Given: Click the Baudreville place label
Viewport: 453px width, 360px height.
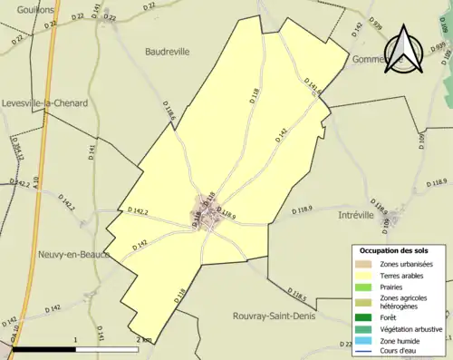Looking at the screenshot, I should point(168,52).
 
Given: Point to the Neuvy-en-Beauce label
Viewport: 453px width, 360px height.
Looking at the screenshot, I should point(44,254).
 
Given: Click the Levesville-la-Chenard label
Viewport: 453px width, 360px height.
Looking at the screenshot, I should point(44,103).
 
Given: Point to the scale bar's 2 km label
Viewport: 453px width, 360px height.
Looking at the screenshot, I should point(143,339).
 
